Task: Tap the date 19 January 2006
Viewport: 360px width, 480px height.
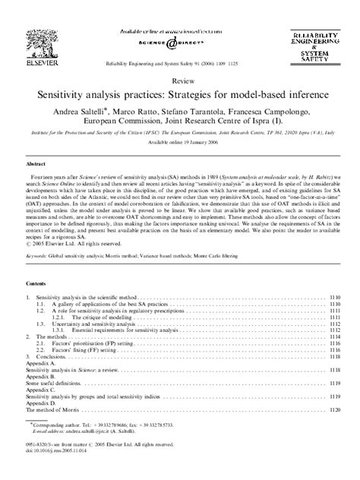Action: [194, 142]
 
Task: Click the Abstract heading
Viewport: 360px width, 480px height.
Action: [38, 163]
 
